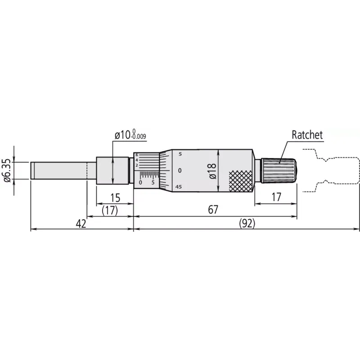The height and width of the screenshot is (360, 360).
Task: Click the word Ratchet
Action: (x=307, y=135)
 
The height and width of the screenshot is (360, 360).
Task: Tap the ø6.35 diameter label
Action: (x=7, y=171)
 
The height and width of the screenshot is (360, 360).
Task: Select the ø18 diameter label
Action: (x=212, y=171)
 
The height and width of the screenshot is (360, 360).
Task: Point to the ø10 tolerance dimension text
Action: (x=130, y=135)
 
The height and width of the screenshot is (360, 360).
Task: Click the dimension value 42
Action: (x=81, y=224)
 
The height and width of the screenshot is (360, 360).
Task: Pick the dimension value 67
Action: (x=213, y=210)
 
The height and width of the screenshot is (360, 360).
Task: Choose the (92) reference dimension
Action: (x=247, y=223)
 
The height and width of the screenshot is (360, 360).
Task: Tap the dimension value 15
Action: (x=115, y=198)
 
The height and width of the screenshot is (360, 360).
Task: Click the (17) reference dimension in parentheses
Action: (x=110, y=210)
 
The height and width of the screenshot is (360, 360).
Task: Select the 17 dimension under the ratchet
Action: (x=276, y=197)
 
